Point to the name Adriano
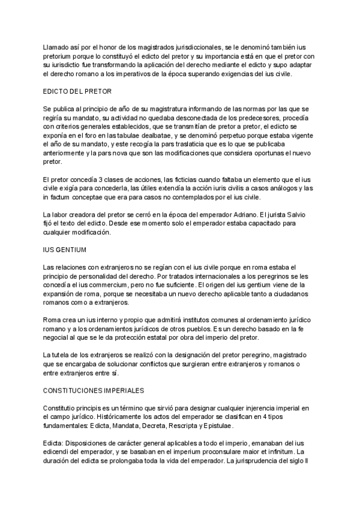243,214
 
